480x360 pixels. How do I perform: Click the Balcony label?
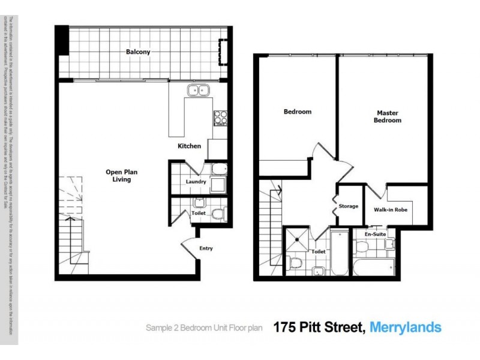tap(137, 52)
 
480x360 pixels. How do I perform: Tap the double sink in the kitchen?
tap(197, 91)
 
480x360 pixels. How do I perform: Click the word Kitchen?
tap(189, 146)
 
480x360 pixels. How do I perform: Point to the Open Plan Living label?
tap(118, 176)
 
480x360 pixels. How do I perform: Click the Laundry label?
tap(196, 182)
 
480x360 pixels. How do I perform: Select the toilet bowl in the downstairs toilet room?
tap(218, 214)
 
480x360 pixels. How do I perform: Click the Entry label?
tap(205, 248)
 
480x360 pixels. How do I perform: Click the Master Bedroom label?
tap(388, 116)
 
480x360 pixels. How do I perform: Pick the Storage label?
tap(348, 206)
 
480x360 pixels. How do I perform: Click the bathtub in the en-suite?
tap(372, 267)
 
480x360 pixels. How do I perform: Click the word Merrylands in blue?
tap(406, 328)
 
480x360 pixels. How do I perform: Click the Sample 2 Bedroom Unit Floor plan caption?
tap(205, 328)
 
